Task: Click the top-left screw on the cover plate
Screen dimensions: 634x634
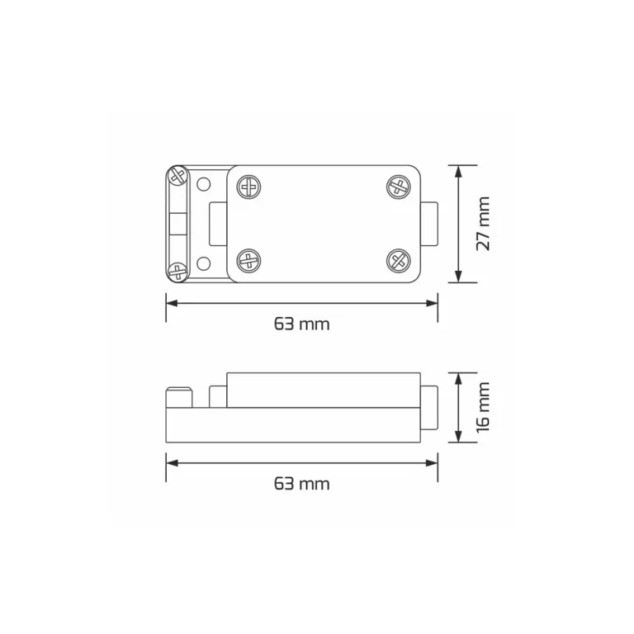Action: (x=249, y=187)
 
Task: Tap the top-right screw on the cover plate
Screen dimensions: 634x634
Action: (x=399, y=187)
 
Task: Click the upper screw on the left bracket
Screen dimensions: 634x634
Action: (x=177, y=175)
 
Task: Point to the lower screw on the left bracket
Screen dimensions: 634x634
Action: (x=177, y=271)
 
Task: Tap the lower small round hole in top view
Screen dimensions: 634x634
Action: (x=206, y=263)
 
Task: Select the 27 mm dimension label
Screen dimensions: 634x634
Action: (x=483, y=223)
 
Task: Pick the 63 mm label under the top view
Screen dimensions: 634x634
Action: (x=301, y=324)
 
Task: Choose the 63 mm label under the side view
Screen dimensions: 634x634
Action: (x=301, y=484)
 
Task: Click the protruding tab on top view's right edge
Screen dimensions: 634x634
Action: (x=429, y=224)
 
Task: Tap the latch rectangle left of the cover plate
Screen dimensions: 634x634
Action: (x=219, y=224)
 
